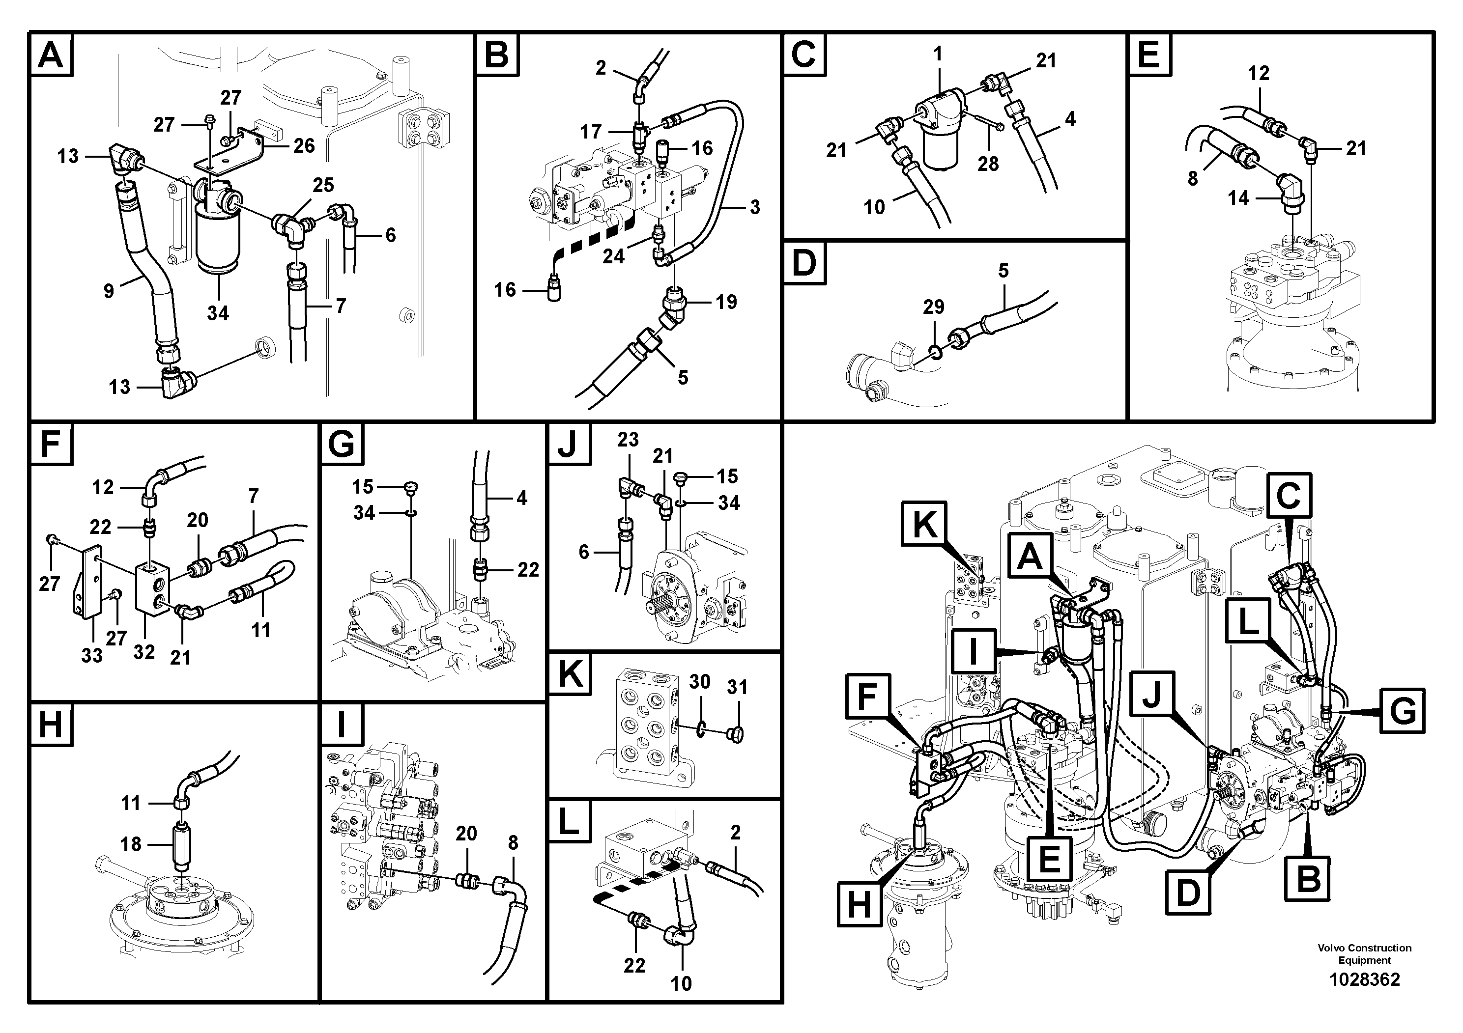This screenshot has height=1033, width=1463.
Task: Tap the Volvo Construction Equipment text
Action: tap(1364, 953)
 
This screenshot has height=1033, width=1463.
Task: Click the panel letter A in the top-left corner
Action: tap(51, 55)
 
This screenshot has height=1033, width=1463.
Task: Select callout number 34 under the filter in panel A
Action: tap(218, 313)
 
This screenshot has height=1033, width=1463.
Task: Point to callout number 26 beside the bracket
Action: tap(304, 145)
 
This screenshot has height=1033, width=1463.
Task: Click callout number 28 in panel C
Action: tap(988, 164)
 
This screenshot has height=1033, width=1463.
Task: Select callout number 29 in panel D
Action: tap(934, 307)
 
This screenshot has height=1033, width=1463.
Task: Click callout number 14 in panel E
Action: tap(1238, 198)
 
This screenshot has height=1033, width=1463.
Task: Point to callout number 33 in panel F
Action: tap(92, 655)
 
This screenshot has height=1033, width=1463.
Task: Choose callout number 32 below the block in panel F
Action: tap(144, 652)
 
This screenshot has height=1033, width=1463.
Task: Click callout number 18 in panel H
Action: tap(131, 844)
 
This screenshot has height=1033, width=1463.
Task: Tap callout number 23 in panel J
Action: tap(628, 440)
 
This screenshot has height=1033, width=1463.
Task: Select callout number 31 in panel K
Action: tap(737, 687)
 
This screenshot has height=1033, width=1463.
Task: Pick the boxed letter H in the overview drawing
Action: tap(859, 904)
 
